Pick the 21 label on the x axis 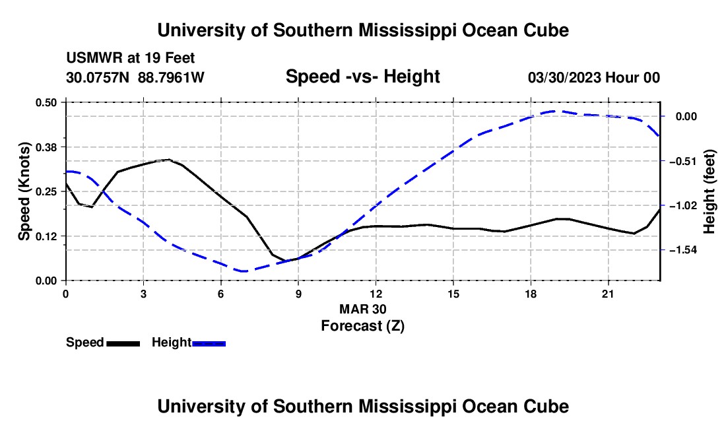[x=608, y=294]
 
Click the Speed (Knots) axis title [x=24, y=191]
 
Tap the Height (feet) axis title [x=709, y=191]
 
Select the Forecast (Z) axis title [x=363, y=326]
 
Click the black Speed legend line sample [x=123, y=343]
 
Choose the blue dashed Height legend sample [x=209, y=343]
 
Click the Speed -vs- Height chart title [x=362, y=77]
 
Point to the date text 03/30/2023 [x=564, y=77]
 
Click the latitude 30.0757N [x=98, y=77]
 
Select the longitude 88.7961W [x=171, y=77]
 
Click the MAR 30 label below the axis [x=363, y=309]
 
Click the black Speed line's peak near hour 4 [x=170, y=160]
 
